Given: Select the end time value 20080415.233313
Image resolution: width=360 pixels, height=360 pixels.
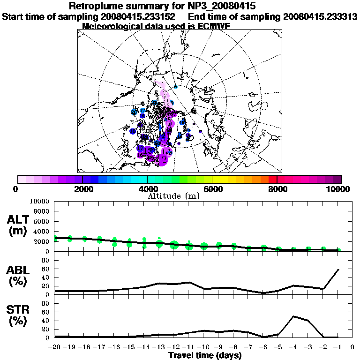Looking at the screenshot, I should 321,16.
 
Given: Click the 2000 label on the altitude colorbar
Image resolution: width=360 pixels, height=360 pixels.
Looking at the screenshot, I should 82,189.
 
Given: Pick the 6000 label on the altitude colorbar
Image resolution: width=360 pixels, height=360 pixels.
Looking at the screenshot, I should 212,189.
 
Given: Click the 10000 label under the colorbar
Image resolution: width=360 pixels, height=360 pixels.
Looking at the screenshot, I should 338,189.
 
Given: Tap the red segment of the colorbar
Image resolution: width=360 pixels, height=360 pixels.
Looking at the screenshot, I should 272,179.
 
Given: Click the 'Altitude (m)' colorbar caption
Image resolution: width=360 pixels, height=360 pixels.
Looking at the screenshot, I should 174,196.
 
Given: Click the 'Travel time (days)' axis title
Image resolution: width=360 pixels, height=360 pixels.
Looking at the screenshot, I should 205,356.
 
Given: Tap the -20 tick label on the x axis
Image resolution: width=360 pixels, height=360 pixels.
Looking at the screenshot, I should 55,347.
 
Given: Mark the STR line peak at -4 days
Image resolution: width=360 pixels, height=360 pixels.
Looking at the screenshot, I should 293,316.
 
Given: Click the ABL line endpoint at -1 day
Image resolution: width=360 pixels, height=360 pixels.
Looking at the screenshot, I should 338,270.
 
